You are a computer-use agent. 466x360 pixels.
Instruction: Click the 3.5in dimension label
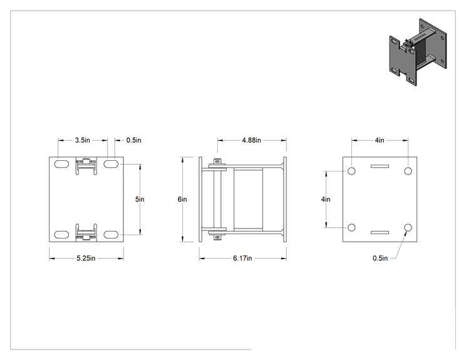(x=82, y=140)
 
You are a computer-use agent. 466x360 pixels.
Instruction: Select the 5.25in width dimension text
(x=86, y=259)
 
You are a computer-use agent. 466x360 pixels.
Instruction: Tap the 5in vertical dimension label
(x=140, y=199)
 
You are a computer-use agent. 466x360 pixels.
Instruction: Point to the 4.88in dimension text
(x=251, y=140)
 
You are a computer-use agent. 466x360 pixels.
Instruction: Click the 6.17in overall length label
(x=242, y=259)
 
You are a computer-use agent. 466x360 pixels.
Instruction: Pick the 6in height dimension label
(x=182, y=199)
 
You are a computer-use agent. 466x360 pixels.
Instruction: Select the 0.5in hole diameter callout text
(x=380, y=259)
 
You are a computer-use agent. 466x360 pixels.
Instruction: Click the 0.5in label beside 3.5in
(x=134, y=140)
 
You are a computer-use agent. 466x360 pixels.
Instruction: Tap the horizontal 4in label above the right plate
(x=380, y=140)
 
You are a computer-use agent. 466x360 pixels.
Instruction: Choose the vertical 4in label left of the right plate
(x=326, y=199)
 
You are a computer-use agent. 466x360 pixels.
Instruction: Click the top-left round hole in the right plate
(x=351, y=171)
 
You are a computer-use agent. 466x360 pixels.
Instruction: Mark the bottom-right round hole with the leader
(x=408, y=227)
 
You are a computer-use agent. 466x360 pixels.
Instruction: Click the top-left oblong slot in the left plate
(x=62, y=164)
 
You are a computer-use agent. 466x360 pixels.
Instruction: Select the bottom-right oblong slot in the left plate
(x=111, y=235)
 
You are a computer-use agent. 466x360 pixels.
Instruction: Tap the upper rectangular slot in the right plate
(x=380, y=167)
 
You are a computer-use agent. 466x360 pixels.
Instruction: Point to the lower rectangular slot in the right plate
(x=380, y=232)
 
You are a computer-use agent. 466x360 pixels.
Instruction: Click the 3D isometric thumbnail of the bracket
(x=418, y=52)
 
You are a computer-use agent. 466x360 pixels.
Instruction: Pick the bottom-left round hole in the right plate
(x=351, y=227)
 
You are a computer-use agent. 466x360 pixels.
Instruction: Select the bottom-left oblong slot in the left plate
(x=62, y=235)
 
